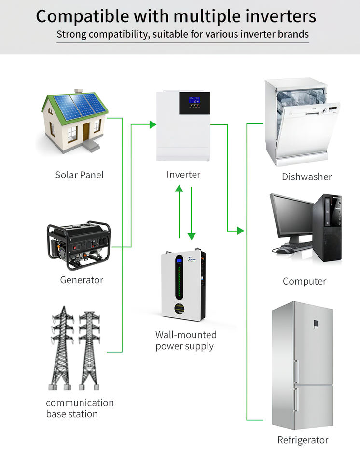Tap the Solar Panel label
pos(79,175)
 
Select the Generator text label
pos(82,280)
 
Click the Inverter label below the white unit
pos(183,175)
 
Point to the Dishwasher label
pos(307,177)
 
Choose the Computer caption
pos(305,281)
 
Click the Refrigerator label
pos(303,440)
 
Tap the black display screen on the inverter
pos(194,103)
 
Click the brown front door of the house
pos(86,131)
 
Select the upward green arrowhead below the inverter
pos(179,188)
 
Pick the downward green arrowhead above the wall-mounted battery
pos(192,236)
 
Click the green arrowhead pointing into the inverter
pos(152,125)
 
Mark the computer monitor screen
pos(291,215)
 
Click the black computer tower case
pos(328,227)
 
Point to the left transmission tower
pos(62,347)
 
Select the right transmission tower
pos(89,347)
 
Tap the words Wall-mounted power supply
pos(185,340)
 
